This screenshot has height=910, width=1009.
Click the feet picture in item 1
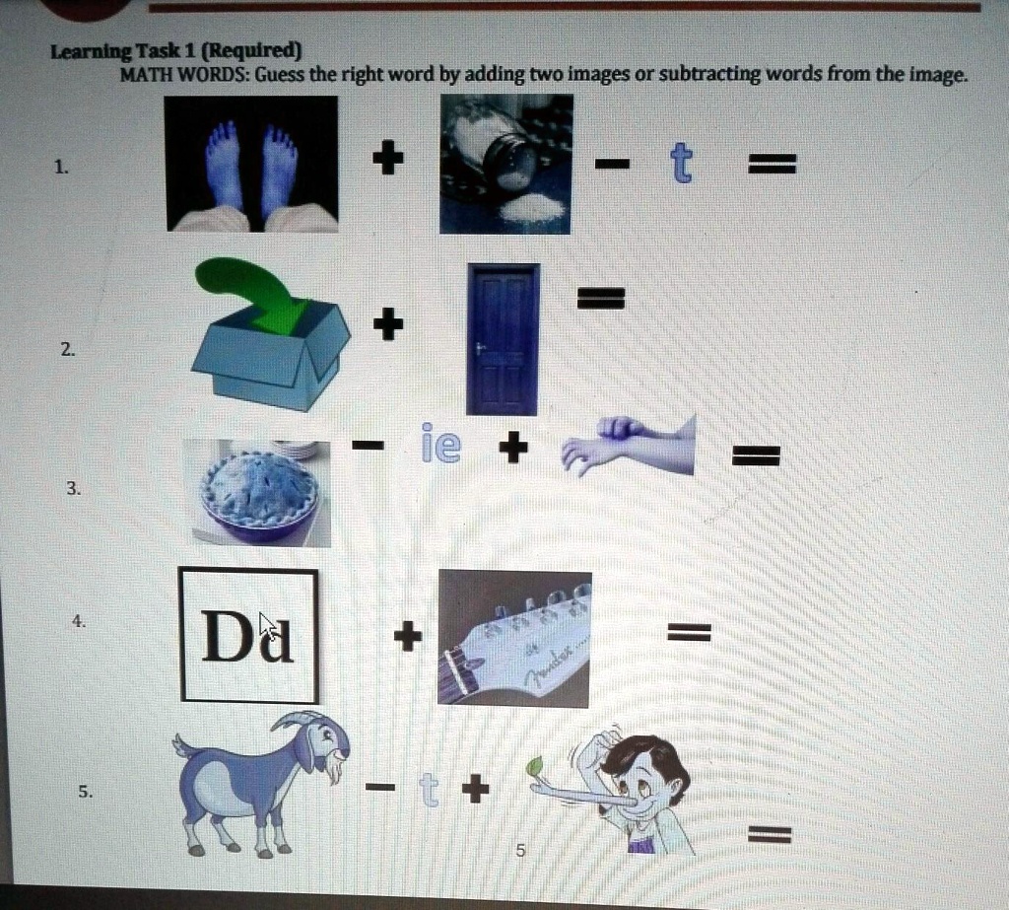(x=251, y=164)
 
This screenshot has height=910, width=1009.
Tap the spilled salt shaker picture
(x=505, y=164)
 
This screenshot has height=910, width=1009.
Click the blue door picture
(x=503, y=338)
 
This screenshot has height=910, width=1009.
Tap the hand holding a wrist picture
(x=629, y=447)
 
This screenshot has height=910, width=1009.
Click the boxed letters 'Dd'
(x=248, y=636)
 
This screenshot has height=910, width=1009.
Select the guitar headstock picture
(x=513, y=638)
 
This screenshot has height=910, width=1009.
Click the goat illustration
(x=260, y=778)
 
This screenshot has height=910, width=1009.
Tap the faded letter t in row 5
(x=427, y=789)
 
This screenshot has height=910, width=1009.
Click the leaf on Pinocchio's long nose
(x=536, y=765)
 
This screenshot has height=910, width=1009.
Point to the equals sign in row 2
(x=600, y=297)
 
